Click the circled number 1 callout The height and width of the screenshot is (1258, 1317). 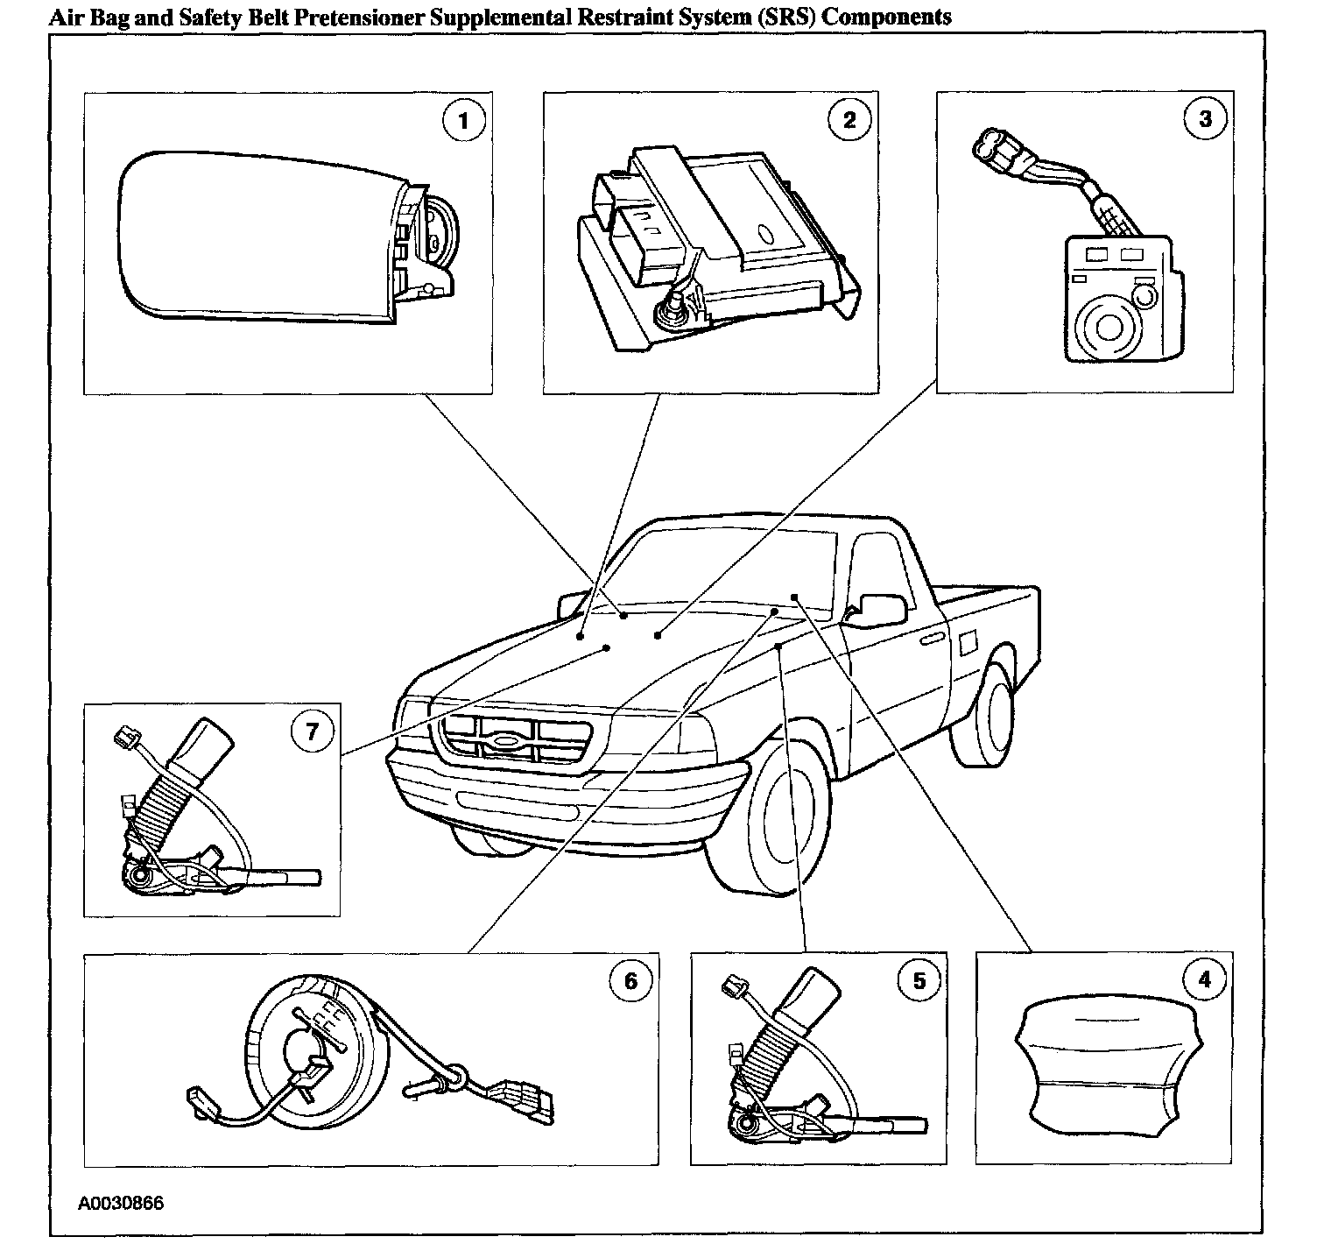click(x=463, y=121)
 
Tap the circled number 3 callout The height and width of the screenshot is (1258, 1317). click(x=1205, y=118)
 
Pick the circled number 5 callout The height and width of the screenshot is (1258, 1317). click(x=919, y=980)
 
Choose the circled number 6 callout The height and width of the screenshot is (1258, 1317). click(x=630, y=980)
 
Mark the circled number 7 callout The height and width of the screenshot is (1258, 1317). click(x=313, y=731)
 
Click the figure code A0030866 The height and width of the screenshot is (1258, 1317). click(x=121, y=1203)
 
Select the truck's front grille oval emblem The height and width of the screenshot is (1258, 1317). click(x=506, y=741)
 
